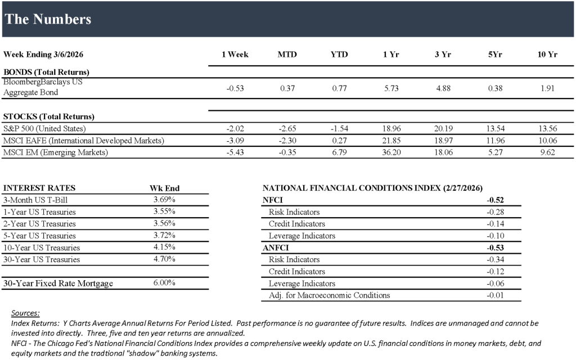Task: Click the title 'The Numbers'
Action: tap(48, 19)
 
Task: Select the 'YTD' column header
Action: tap(339, 55)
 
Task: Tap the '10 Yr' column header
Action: tap(547, 55)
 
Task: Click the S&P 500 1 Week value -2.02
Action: tap(235, 128)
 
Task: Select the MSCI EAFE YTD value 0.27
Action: tap(339, 140)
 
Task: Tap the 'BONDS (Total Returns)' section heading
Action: tap(46, 72)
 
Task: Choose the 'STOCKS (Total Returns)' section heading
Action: tap(49, 116)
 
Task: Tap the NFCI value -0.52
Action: tap(495, 200)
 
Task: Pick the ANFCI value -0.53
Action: tap(495, 247)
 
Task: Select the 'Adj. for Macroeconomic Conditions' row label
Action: tap(329, 295)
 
